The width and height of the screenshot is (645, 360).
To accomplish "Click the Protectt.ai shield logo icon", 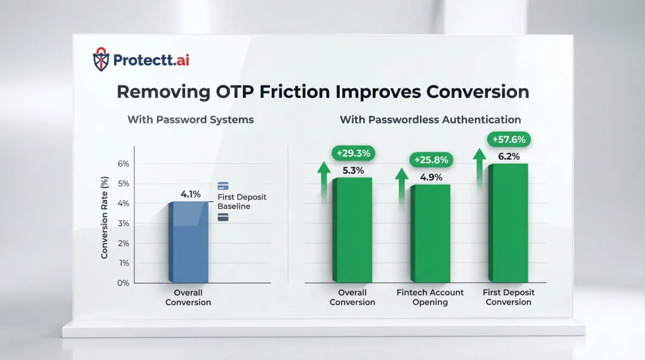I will (x=102, y=60).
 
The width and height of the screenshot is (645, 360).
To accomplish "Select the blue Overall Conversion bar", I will (x=189, y=242).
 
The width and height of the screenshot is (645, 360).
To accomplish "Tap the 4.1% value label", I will (x=191, y=194).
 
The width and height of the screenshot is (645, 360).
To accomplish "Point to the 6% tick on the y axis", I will (x=123, y=164).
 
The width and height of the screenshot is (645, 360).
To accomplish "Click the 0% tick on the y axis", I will (x=123, y=282).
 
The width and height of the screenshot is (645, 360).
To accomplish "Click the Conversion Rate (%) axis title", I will (x=105, y=217).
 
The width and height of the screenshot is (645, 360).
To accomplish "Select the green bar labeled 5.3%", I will (x=352, y=230).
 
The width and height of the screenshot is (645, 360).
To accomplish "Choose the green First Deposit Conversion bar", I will (x=509, y=223).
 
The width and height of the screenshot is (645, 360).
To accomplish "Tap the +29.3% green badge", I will (x=352, y=153).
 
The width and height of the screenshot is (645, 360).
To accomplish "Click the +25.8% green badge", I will (x=431, y=160).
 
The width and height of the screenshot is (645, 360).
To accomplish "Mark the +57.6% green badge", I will (x=509, y=140).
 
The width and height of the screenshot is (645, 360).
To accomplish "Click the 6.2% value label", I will (x=508, y=156).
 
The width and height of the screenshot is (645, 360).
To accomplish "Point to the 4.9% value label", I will (x=431, y=177).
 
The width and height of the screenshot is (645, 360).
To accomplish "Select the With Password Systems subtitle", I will (x=191, y=119).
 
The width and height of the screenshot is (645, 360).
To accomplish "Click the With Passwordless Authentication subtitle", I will (x=430, y=119).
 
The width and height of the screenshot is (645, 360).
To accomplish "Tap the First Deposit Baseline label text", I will (x=241, y=202).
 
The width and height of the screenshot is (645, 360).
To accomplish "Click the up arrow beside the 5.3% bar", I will (x=323, y=179).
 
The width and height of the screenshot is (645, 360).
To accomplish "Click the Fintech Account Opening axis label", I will (x=430, y=297).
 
